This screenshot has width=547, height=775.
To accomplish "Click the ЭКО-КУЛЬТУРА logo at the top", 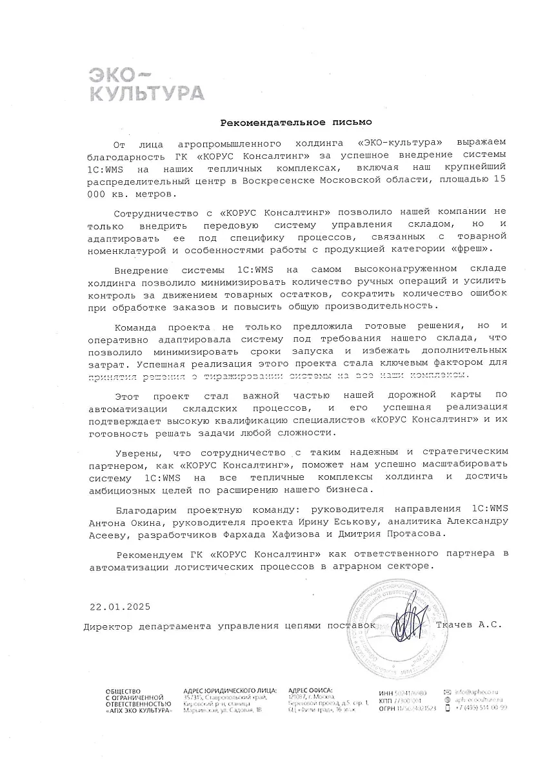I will (x=145, y=83).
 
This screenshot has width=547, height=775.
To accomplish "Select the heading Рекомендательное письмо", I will (x=296, y=121).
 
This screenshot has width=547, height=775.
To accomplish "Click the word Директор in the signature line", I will (x=107, y=626).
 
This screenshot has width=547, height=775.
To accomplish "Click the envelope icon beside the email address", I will (x=448, y=692).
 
